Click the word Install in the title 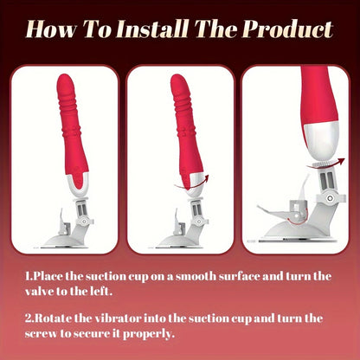(x=152, y=29)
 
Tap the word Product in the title (x=288, y=29)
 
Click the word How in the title (x=52, y=29)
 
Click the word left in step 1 (x=101, y=292)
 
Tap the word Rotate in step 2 (x=53, y=318)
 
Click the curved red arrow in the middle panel (x=191, y=185)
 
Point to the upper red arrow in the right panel (x=326, y=164)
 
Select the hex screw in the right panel (x=329, y=198)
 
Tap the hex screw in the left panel (x=84, y=222)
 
